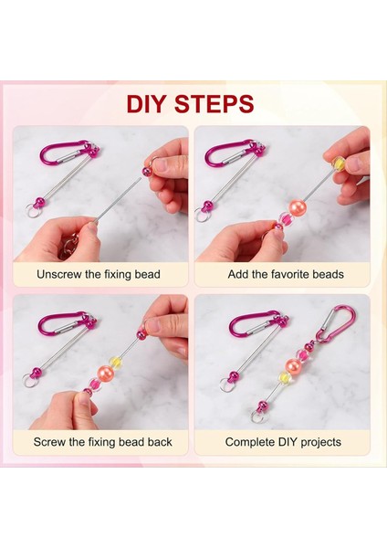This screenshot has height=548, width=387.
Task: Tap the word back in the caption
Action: [158, 442]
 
